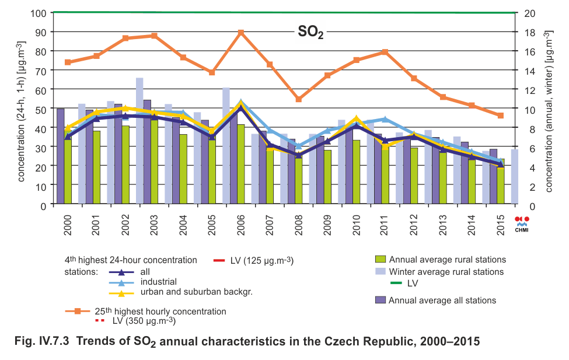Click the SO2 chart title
pos(310,33)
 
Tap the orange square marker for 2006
pos(241,33)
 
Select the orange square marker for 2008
pos(298,99)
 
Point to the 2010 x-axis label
pos(357,222)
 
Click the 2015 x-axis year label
pos(501,222)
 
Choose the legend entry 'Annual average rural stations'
pos(447,260)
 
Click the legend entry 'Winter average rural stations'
pos(446,272)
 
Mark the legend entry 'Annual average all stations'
pos(442,300)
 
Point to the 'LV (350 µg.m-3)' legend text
pos(144,321)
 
